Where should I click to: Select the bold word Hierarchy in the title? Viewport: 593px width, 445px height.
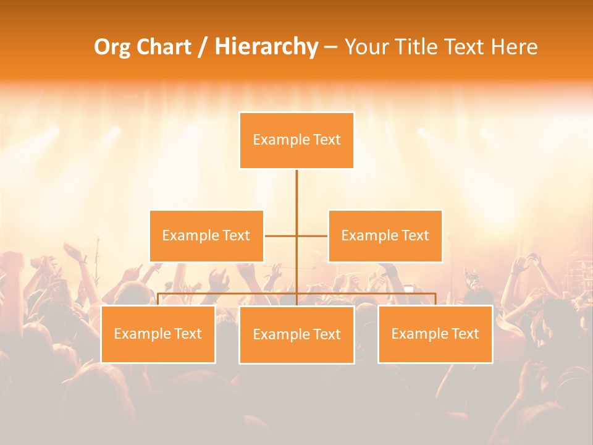click(x=266, y=47)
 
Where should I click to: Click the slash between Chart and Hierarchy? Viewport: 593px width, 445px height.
click(x=203, y=48)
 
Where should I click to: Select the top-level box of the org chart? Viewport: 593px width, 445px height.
click(x=296, y=140)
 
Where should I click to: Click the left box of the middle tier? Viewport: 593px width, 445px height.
click(x=206, y=235)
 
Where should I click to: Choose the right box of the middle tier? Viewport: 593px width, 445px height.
click(x=385, y=235)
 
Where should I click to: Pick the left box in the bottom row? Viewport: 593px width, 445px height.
click(x=158, y=334)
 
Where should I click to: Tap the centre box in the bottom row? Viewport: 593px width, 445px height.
click(x=296, y=334)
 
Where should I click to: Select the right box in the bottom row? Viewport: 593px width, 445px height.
click(x=435, y=334)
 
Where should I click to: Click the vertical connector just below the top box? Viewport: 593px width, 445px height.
click(x=296, y=192)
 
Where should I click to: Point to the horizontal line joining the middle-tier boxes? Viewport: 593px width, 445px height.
click(x=281, y=235)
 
